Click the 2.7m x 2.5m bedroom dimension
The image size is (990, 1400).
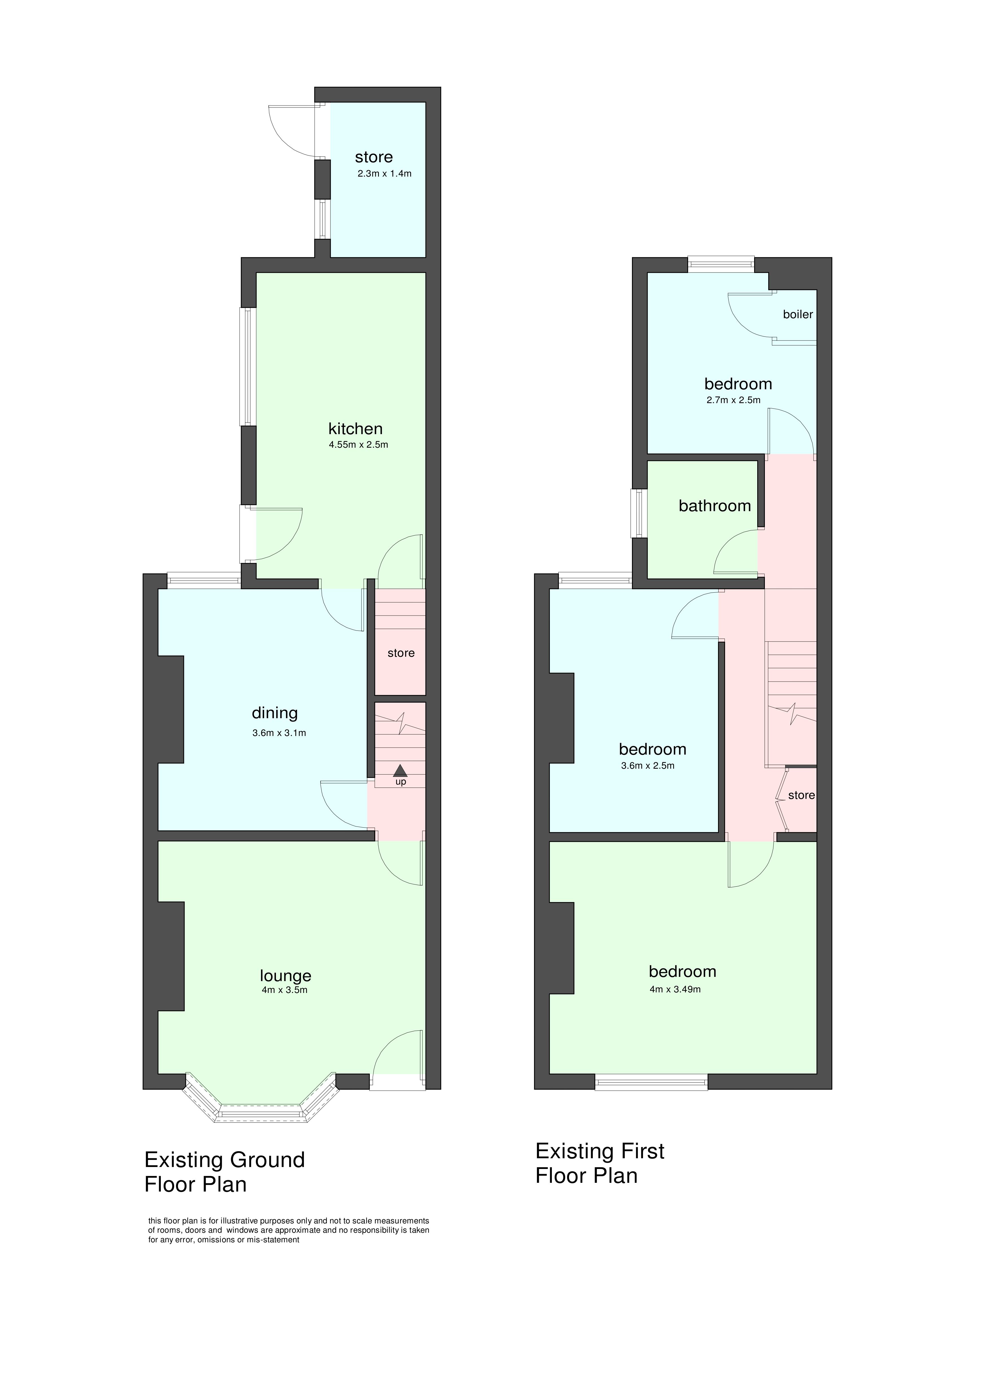pyautogui.click(x=733, y=400)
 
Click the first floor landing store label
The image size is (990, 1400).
pyautogui.click(x=801, y=795)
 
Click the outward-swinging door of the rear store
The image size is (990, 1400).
pyautogui.click(x=291, y=127)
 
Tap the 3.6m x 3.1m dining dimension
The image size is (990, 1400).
pyautogui.click(x=279, y=733)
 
